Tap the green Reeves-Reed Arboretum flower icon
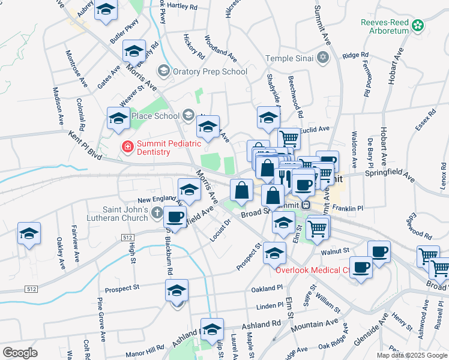418,26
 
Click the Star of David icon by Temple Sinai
324,58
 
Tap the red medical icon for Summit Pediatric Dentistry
127,146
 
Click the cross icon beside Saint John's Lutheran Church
157,212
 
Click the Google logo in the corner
20,353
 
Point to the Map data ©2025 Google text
411,355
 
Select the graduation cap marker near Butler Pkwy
106,10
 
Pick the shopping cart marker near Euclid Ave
288,138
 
